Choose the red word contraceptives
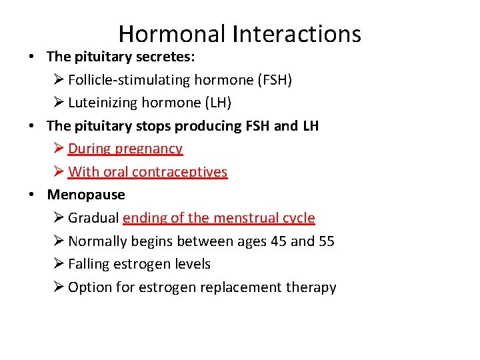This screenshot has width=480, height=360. point(179,172)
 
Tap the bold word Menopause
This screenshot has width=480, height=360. point(86,195)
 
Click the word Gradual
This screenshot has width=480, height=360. point(93,218)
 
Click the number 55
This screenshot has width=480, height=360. point(326,241)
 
